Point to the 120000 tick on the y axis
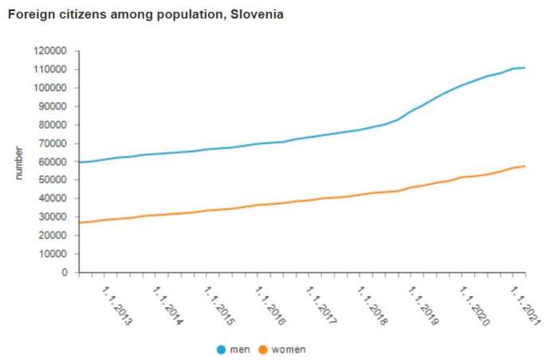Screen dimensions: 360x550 52,50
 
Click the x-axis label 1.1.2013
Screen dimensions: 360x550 117,306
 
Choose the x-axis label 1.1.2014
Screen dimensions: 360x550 168,306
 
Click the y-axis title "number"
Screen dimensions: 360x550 19,161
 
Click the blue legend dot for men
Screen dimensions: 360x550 222,349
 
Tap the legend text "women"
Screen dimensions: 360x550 289,349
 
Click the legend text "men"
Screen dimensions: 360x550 239,349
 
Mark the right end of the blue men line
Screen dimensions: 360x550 524,68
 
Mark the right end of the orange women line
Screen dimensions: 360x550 524,166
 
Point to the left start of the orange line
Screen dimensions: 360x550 79,222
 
